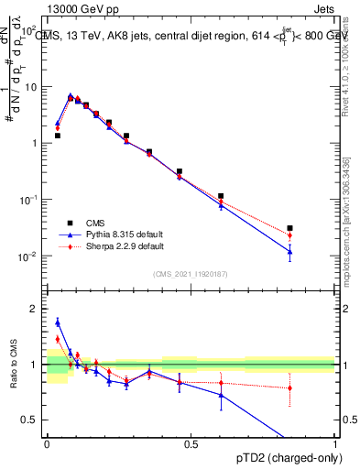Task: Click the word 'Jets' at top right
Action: coord(324,9)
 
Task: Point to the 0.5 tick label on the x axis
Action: coord(191,444)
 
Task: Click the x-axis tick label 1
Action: coord(334,444)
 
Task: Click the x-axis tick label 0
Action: coord(47,444)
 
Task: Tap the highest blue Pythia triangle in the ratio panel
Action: coord(57,322)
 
